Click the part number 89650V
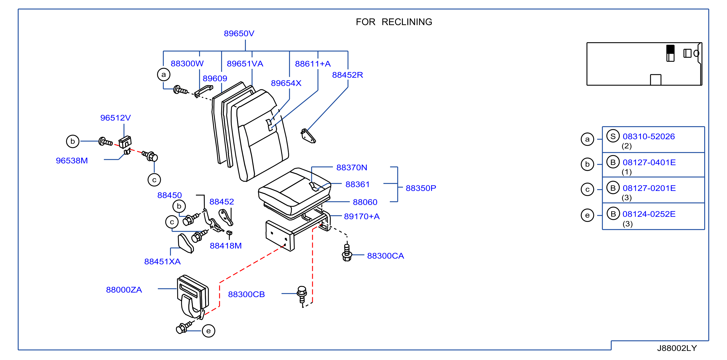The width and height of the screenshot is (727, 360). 239,33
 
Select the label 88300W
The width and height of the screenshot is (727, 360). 187,64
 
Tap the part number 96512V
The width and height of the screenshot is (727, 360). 116,118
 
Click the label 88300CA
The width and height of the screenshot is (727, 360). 385,256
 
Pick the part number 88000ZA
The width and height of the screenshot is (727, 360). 124,290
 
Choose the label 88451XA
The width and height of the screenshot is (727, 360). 162,262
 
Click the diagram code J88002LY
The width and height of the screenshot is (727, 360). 677,348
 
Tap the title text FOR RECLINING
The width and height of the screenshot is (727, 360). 394,22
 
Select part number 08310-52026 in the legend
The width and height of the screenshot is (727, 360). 649,137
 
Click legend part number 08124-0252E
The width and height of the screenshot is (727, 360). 649,214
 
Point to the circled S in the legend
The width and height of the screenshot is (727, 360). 613,136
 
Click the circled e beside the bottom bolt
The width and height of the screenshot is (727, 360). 208,331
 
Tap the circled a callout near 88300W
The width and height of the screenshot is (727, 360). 164,74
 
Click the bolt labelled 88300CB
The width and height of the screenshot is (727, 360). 302,294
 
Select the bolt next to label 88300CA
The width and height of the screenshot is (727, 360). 347,253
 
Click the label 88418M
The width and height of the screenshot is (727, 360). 226,246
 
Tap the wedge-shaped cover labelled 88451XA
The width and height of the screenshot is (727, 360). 186,243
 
